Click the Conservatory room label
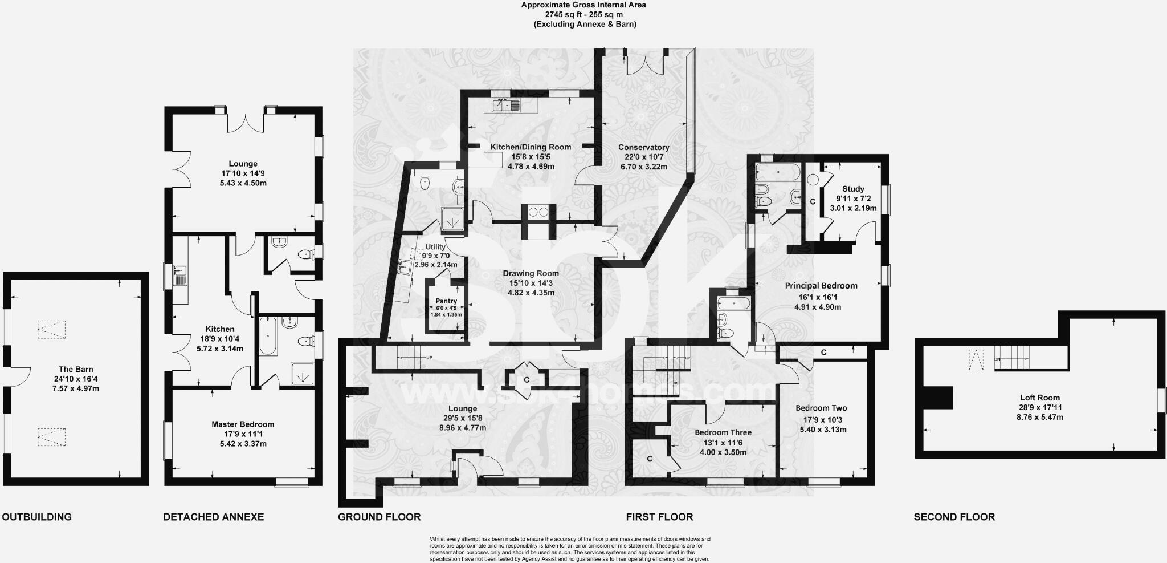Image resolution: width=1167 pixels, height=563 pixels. pos(643,147)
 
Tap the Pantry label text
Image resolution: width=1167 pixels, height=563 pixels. pos(446,301)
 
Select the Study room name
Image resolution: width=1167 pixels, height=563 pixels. pos(853,189)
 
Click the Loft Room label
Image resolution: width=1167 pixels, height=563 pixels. pos(1040,398)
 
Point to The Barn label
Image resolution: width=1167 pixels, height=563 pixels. pos(76,369)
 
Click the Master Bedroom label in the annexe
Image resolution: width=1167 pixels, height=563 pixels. pos(243,424)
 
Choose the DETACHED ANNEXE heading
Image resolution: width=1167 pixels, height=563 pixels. pos(213,517)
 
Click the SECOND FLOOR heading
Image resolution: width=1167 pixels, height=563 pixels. pos(954,517)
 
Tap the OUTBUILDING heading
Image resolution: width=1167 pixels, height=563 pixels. pos(37,517)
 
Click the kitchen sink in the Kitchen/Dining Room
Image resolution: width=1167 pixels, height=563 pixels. pos(506,104)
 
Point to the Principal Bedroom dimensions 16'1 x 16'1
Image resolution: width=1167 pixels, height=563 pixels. pos(821,297)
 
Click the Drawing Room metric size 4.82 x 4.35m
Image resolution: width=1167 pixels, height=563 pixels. pos(531,293)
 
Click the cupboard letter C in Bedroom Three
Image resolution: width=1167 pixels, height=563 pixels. pos(649,459)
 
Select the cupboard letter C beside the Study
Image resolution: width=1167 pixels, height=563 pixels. pos(812,202)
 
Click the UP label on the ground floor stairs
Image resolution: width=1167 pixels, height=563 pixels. pos(429,358)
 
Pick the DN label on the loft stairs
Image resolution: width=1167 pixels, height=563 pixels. pos(997,359)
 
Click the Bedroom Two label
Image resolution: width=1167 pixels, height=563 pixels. pos(821,408)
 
